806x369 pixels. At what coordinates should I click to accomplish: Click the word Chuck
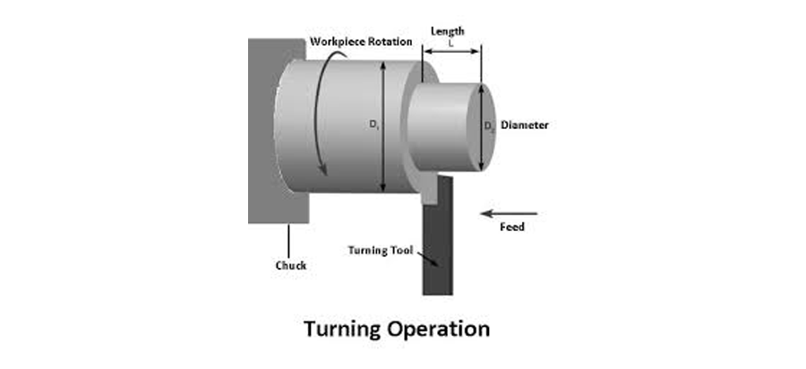click(289, 265)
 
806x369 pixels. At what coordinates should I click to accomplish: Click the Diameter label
click(525, 125)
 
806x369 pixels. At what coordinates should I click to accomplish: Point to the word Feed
click(511, 227)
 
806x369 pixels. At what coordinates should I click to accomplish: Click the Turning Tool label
click(380, 250)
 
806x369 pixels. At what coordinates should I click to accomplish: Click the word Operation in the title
click(442, 329)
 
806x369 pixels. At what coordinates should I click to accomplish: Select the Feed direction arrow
click(509, 213)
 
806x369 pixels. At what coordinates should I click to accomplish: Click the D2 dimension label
click(489, 127)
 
